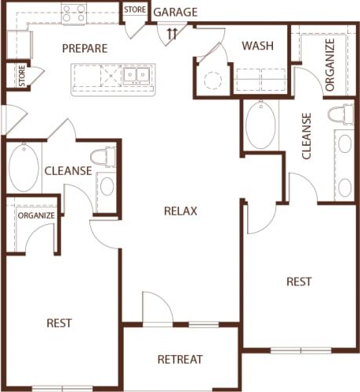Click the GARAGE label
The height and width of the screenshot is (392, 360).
point(175,13)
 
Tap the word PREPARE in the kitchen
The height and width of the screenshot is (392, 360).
point(85,49)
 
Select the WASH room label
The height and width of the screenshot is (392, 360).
point(257,45)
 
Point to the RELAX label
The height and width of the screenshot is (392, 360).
point(180,210)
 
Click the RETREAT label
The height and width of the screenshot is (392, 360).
point(180,360)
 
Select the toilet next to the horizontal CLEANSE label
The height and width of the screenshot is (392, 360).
point(104,157)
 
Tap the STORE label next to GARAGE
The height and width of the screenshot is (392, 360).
point(135,9)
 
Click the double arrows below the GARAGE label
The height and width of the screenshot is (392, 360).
point(173,33)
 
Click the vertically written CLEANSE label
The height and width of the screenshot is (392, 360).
point(306,136)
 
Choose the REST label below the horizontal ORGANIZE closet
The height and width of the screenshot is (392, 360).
point(60,322)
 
